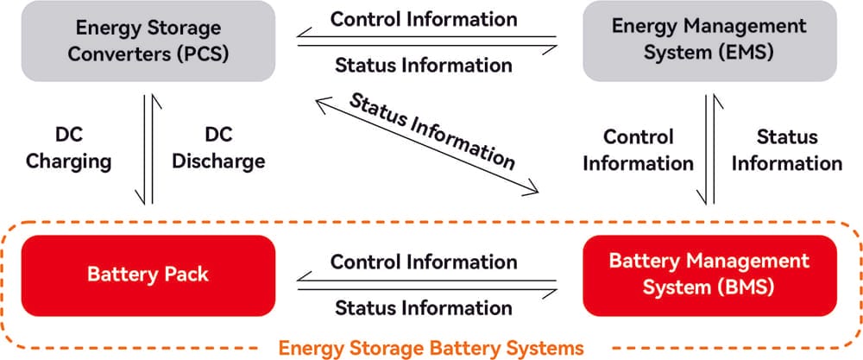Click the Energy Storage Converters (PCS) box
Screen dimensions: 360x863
pos(148,41)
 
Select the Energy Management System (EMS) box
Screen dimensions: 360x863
pos(709,41)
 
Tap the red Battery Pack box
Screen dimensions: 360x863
pos(148,275)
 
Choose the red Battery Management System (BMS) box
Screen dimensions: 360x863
pos(709,275)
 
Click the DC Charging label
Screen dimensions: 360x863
pos(68,148)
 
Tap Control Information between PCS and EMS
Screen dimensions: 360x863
pos(424,18)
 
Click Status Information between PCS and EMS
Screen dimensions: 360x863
pos(424,65)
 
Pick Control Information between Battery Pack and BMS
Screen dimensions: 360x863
pos(424,261)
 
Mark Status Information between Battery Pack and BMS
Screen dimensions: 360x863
pos(424,307)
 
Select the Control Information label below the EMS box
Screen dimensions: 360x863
pos(638,149)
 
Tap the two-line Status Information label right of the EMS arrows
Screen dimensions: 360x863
pos(787,149)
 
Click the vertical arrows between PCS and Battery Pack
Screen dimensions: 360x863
pos(148,149)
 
